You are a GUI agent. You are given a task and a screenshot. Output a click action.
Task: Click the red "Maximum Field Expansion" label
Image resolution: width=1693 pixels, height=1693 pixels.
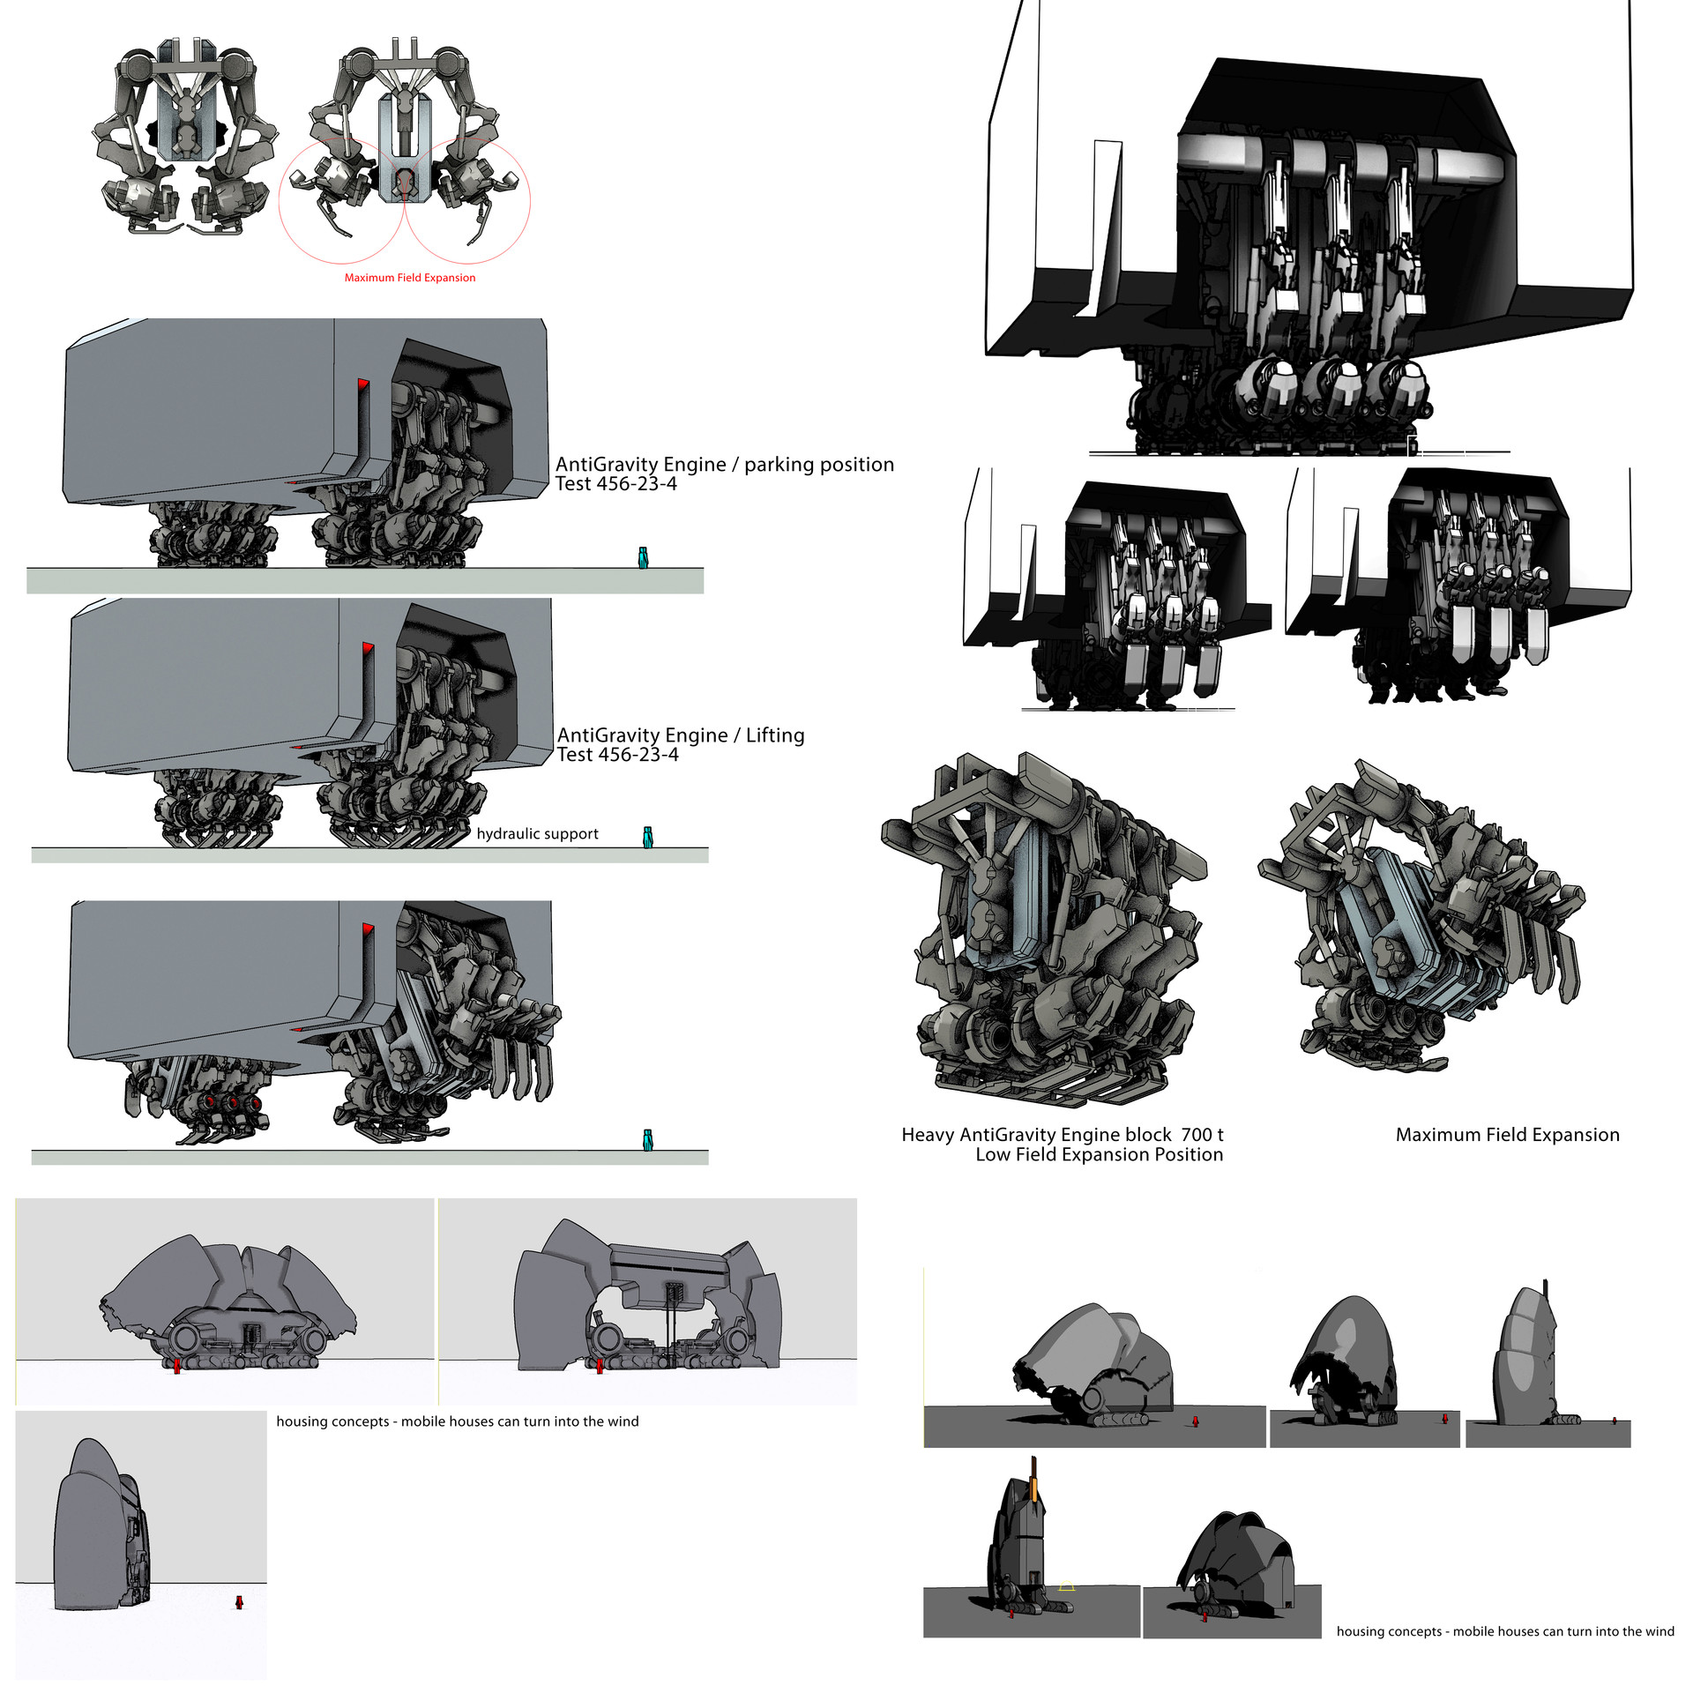[x=410, y=278]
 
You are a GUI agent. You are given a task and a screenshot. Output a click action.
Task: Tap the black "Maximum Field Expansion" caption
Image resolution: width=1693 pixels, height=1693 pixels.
[x=1507, y=1135]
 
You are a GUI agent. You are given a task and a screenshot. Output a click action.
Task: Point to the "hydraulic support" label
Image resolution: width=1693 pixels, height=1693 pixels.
[x=537, y=834]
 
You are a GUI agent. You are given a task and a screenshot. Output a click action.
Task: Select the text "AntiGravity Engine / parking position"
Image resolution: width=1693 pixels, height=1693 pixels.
[x=725, y=465]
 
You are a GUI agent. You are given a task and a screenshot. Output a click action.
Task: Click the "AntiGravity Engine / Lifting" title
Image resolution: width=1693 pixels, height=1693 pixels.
[x=681, y=735]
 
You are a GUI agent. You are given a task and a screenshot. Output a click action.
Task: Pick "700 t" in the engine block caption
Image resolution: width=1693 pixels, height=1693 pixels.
[x=1203, y=1135]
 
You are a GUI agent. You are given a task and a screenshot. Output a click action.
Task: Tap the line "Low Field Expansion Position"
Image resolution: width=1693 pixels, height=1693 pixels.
[x=1100, y=1155]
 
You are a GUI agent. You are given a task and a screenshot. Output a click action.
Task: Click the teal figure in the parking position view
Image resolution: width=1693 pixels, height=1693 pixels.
[x=643, y=557]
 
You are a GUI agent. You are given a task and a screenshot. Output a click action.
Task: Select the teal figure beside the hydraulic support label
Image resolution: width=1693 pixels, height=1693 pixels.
[x=648, y=837]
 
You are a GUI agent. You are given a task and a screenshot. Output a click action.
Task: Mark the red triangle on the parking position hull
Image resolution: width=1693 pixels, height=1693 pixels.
[x=363, y=385]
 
